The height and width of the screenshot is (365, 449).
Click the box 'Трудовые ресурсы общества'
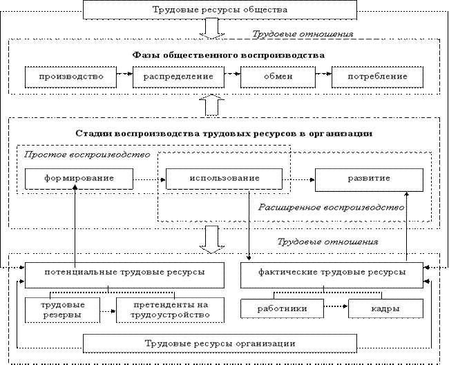click(x=220, y=10)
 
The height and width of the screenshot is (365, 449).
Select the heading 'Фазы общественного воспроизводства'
click(x=228, y=55)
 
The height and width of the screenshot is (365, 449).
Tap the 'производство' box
click(x=70, y=77)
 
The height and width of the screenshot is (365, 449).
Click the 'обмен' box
click(x=278, y=77)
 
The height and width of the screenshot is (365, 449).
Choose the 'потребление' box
click(x=379, y=77)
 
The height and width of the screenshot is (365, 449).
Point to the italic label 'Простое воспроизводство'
click(x=87, y=155)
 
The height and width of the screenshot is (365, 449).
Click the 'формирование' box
click(x=79, y=179)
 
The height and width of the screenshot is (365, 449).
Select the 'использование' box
click(x=223, y=179)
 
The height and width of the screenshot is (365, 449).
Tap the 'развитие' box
click(x=368, y=179)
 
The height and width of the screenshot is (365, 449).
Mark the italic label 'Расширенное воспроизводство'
click(x=331, y=207)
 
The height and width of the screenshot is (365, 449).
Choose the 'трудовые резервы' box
click(x=63, y=309)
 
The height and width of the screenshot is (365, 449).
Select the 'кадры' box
click(x=385, y=308)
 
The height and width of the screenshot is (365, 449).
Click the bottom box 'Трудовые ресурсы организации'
click(x=220, y=343)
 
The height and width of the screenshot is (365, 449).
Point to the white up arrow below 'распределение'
click(x=211, y=105)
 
